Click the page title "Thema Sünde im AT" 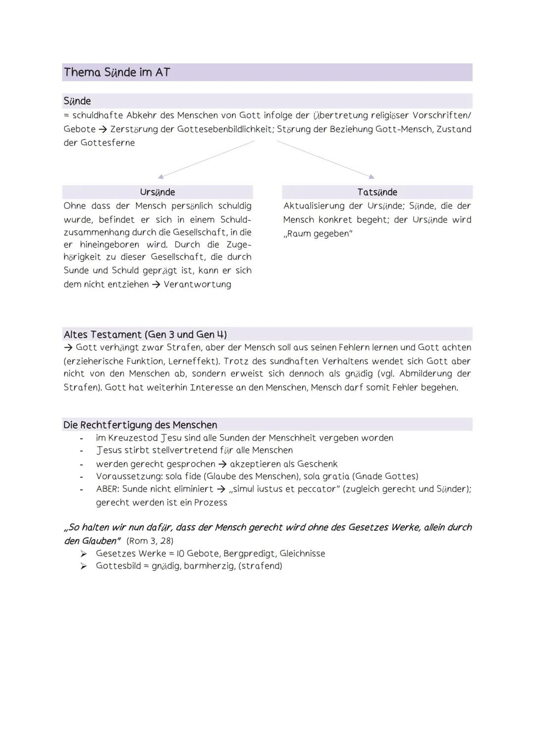pyautogui.click(x=117, y=72)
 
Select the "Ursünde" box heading pyautogui.click(x=157, y=192)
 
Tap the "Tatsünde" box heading pyautogui.click(x=377, y=192)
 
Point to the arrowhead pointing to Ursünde pyautogui.click(x=160, y=176)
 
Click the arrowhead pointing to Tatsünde pyautogui.click(x=372, y=176)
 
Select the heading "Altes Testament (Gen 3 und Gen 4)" pyautogui.click(x=145, y=334)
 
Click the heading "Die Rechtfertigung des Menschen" pyautogui.click(x=140, y=425)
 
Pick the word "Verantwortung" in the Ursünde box pyautogui.click(x=197, y=284)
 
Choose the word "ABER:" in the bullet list pyautogui.click(x=107, y=489)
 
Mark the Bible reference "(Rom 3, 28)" pyautogui.click(x=150, y=541)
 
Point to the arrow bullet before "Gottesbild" pyautogui.click(x=84, y=566)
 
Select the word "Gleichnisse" pyautogui.click(x=302, y=554)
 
